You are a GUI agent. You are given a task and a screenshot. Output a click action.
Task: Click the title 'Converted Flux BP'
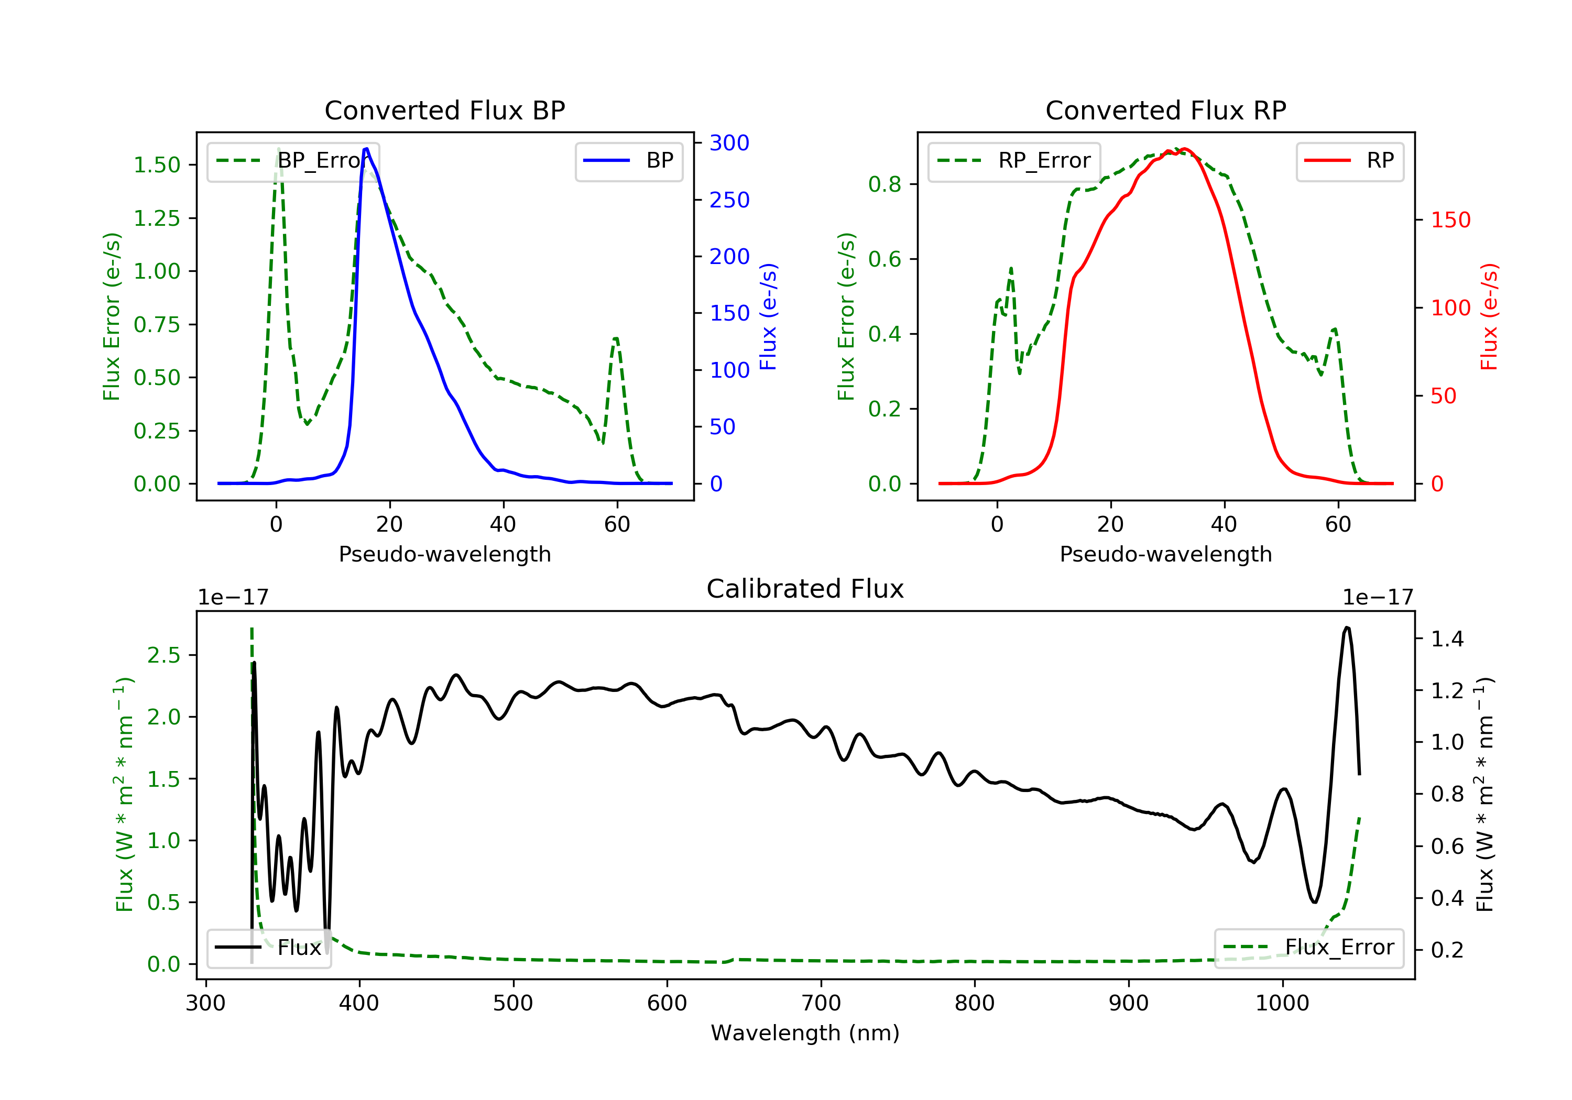coord(444,110)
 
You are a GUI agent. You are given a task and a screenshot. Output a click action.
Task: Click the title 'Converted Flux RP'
coord(1165,110)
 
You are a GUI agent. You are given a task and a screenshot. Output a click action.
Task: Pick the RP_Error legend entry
coord(1014,161)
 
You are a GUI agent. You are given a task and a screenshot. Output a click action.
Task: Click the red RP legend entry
coord(1349,161)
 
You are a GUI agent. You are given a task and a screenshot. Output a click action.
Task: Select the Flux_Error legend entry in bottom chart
coord(1309,948)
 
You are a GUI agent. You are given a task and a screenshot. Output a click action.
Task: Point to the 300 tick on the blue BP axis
coord(729,143)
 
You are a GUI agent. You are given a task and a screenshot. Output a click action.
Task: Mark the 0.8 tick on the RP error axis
coord(884,184)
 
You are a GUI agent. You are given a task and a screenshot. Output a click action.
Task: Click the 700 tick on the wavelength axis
coord(821,1004)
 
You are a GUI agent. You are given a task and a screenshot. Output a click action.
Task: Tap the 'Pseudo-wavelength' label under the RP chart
coord(1165,554)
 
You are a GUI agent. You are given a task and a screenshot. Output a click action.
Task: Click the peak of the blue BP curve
coord(366,149)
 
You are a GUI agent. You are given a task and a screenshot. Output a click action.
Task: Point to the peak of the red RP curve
coord(1185,149)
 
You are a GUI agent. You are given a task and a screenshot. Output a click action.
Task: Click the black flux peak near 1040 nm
coord(1347,627)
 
